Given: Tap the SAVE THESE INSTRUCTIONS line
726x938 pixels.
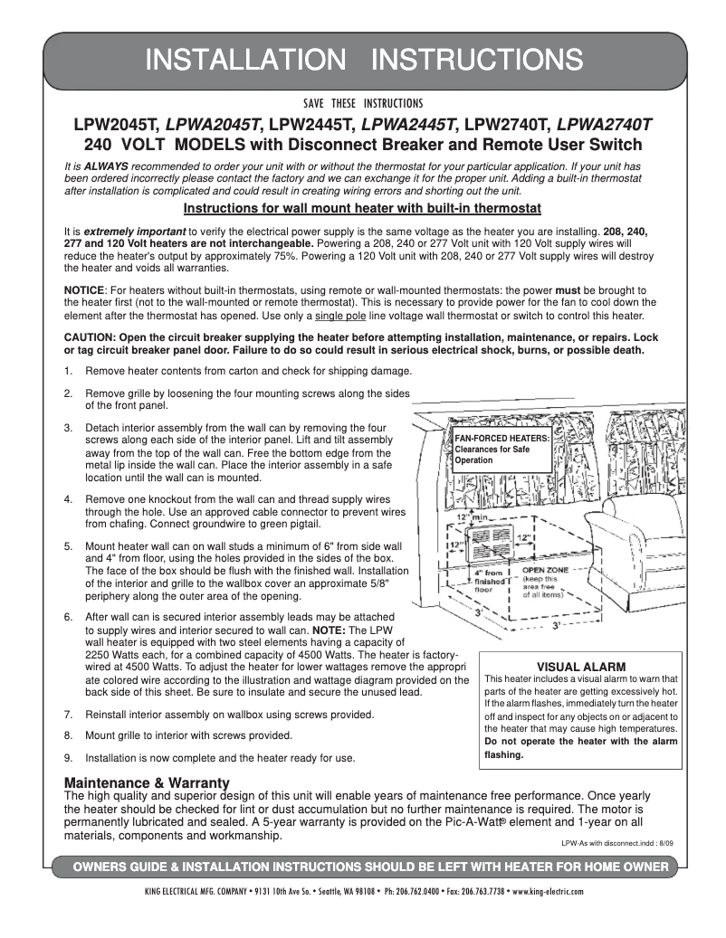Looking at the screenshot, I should [363, 102].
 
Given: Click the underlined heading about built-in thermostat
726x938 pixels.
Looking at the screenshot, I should [362, 208].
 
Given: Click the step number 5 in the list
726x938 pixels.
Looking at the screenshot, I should [68, 546].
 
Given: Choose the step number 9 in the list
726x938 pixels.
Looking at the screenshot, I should [68, 757].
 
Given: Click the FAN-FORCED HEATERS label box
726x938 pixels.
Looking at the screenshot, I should [502, 449].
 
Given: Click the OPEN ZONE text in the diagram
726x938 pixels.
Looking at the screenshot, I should [545, 571].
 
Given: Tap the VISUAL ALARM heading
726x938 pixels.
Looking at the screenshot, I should [581, 667].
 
